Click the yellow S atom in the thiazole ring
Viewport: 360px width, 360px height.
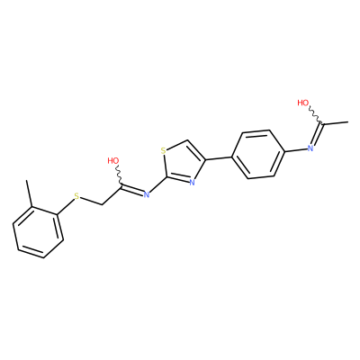(x=163, y=150)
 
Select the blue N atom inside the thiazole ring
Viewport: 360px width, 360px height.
(x=193, y=182)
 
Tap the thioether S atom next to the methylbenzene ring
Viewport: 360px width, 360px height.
(x=76, y=197)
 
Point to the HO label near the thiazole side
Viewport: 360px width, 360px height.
(x=113, y=160)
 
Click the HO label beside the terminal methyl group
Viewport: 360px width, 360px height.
(x=303, y=103)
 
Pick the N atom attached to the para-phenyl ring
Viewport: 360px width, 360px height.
(x=310, y=148)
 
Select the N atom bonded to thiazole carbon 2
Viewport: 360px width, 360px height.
(x=147, y=194)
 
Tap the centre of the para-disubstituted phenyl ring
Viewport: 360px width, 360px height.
(x=257, y=154)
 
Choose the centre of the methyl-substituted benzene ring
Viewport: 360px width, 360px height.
(x=38, y=232)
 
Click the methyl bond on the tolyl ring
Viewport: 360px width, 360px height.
(x=30, y=193)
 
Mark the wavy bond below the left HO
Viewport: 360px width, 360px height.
(x=119, y=175)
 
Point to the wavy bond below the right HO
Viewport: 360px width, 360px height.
(x=316, y=114)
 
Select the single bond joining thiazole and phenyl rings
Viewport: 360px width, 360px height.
(x=219, y=158)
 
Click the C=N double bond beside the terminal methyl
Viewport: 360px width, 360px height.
(x=317, y=134)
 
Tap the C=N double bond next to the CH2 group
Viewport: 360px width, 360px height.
(x=131, y=190)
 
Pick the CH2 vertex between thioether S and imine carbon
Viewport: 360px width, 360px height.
(x=103, y=205)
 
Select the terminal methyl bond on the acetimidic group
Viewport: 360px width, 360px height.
(x=335, y=122)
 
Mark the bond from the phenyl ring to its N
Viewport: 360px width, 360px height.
(x=295, y=149)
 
